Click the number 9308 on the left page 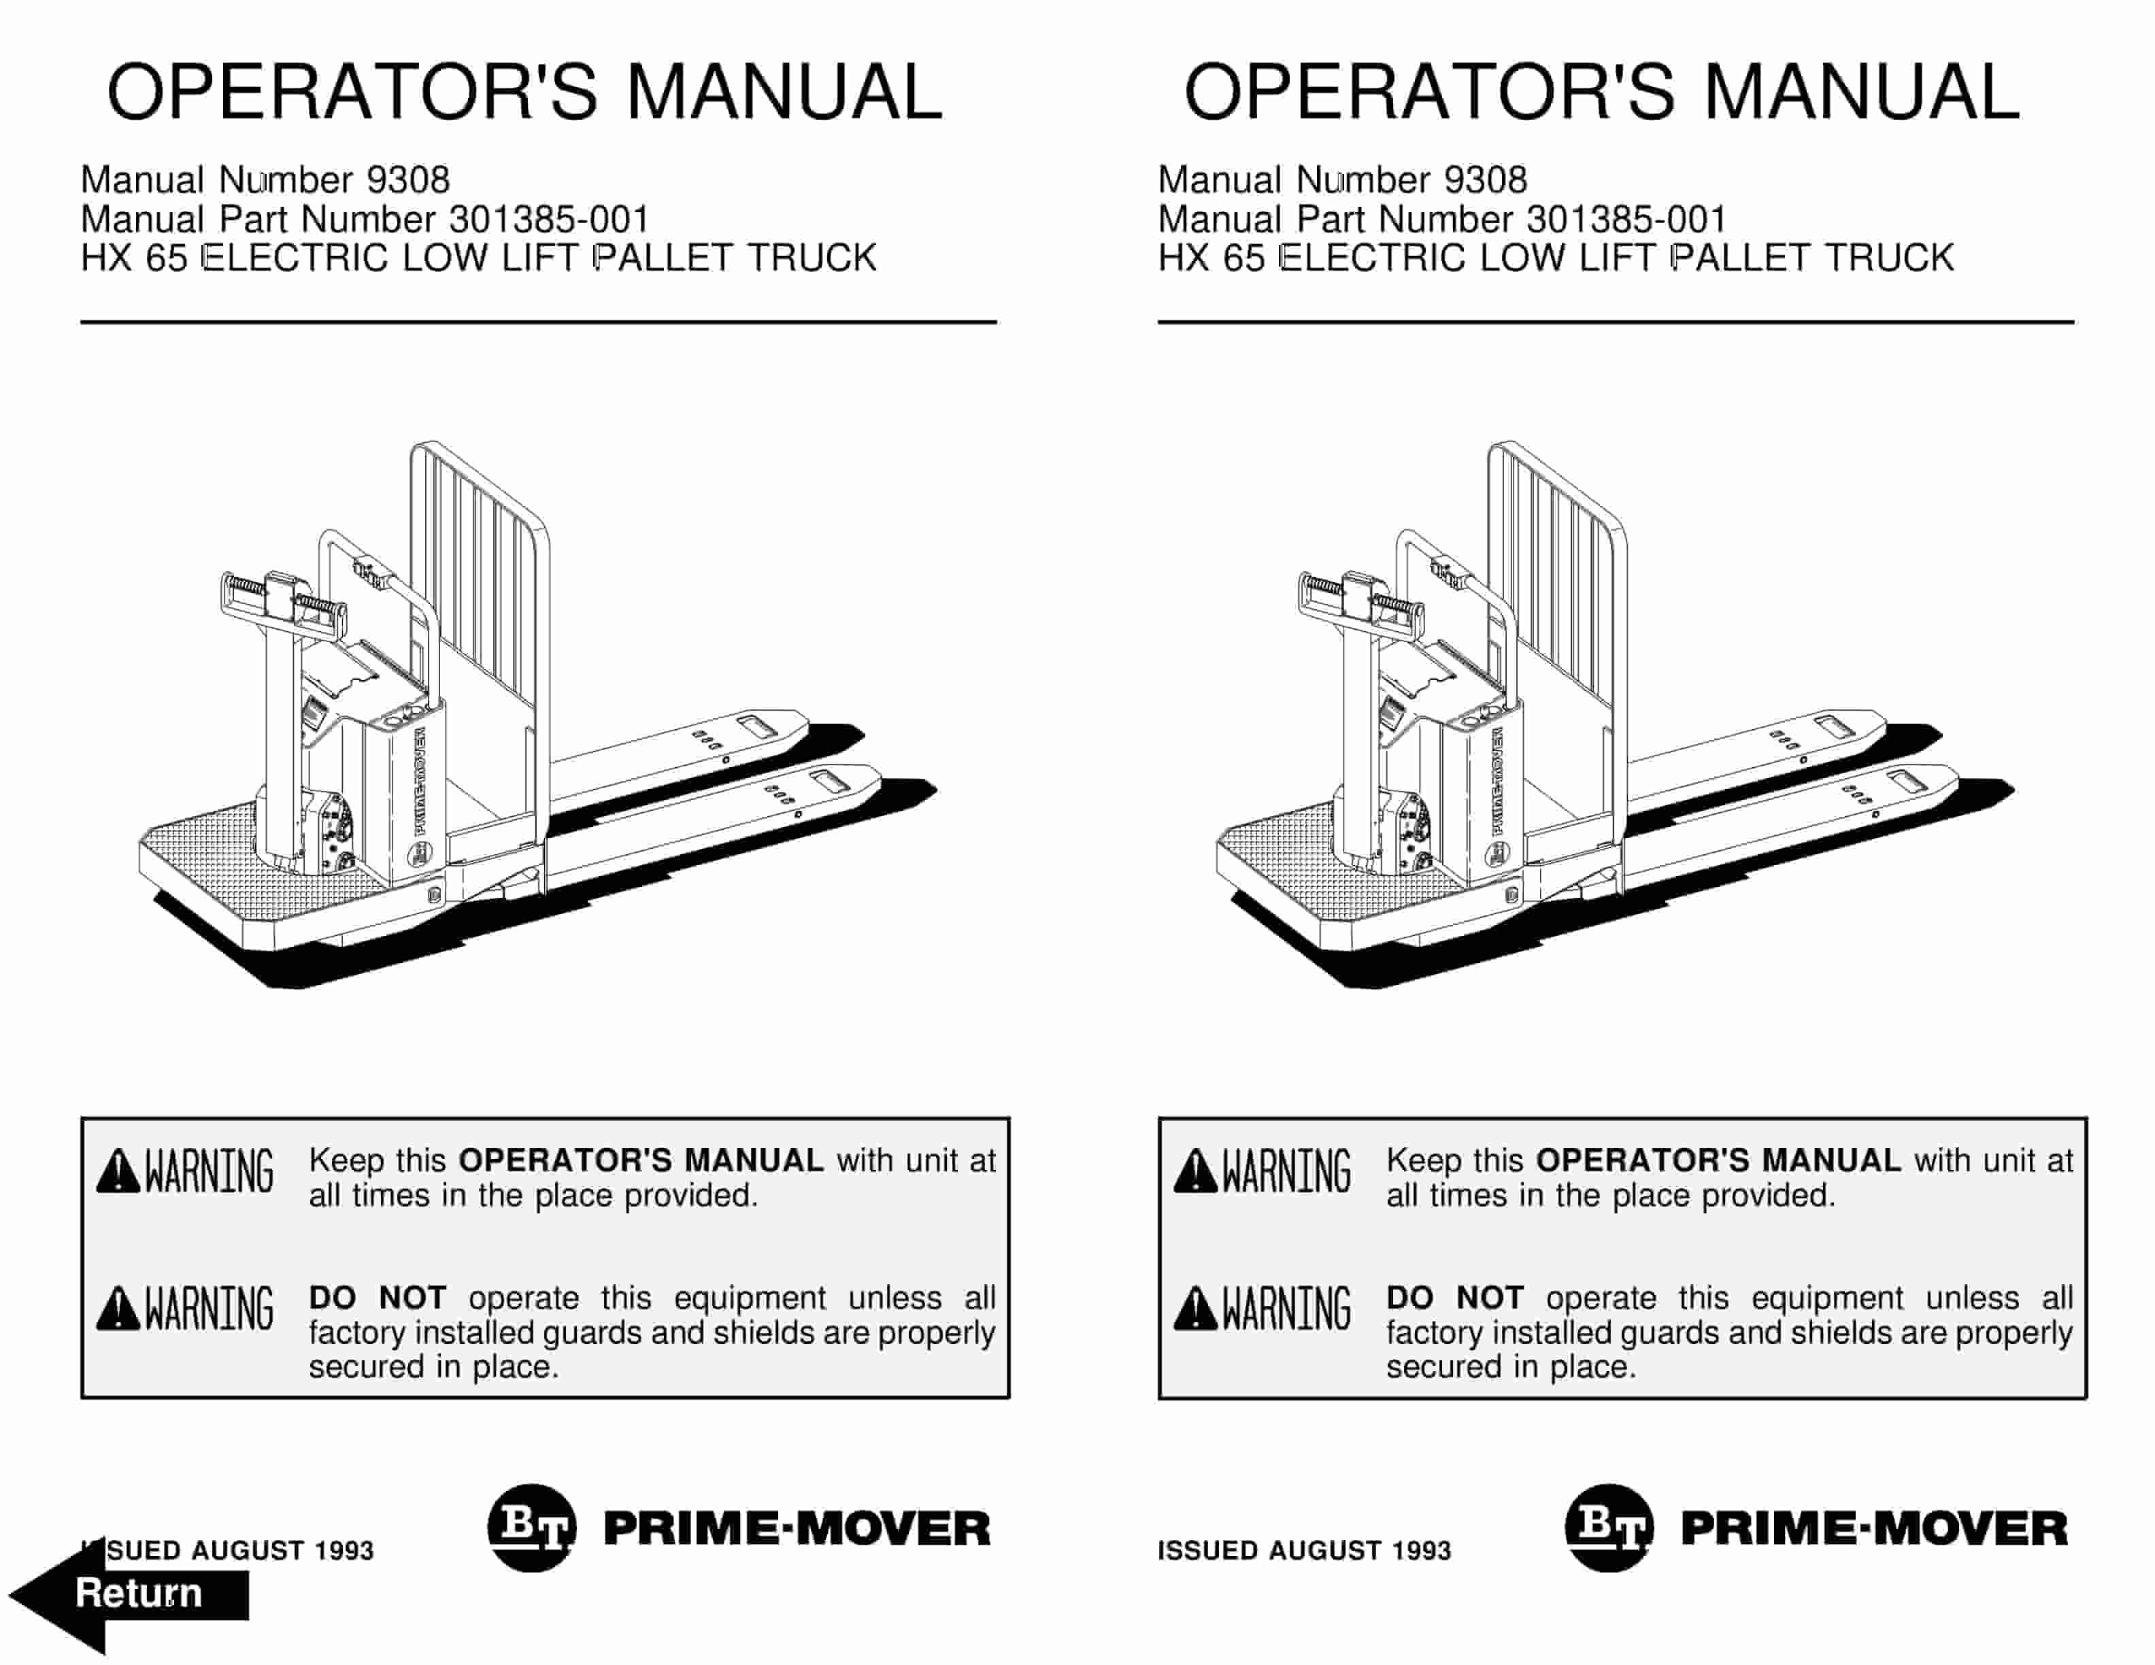tap(407, 180)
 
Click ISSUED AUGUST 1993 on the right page tap(1303, 1551)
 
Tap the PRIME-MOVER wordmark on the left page tap(797, 1529)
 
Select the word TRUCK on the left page tap(811, 258)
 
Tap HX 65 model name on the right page tap(1211, 258)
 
